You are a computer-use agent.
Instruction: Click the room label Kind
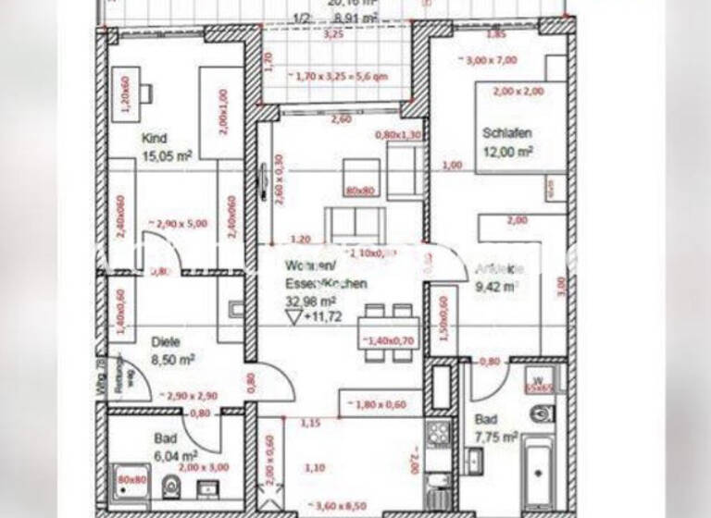(154, 140)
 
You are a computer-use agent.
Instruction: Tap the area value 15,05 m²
(167, 156)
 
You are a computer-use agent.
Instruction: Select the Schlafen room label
(506, 132)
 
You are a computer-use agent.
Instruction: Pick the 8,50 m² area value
(172, 359)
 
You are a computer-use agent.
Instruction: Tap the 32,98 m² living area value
(309, 301)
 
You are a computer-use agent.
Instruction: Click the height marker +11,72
(321, 316)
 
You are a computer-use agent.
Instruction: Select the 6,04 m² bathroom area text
(175, 456)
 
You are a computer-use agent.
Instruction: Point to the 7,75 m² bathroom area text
(495, 438)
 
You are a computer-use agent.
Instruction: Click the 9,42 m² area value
(493, 287)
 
